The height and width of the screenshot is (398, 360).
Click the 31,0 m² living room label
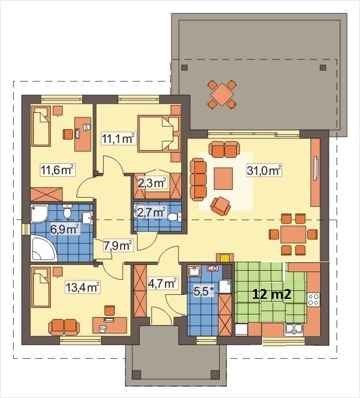264,170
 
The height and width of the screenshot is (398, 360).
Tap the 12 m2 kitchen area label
272,294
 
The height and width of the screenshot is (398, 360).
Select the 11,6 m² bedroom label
57,170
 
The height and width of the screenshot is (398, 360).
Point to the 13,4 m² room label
83,287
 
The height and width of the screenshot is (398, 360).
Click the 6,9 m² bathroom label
64,229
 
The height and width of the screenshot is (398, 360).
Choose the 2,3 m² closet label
152,183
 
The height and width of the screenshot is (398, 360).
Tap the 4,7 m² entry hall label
162,283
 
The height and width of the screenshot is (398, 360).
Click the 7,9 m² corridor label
118,245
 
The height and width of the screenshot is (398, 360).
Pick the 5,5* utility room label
204,291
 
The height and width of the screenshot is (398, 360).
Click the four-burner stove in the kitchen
314,299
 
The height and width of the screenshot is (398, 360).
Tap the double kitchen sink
293,329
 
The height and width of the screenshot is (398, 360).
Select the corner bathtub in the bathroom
43,248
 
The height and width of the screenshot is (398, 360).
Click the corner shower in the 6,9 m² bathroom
39,214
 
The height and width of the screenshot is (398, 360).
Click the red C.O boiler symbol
213,269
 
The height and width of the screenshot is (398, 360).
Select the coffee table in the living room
223,179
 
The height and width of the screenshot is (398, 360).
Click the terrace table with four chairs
222,94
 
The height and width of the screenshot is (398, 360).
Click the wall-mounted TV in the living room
316,169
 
